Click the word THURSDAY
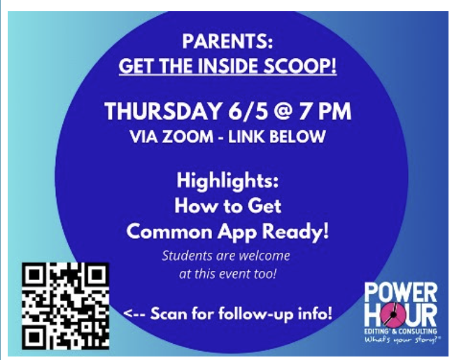click(163, 111)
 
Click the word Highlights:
click(227, 181)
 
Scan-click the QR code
click(66, 306)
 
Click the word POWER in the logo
click(401, 293)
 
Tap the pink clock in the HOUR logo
click(393, 315)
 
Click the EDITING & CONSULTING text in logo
click(401, 331)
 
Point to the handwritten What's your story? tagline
click(403, 340)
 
